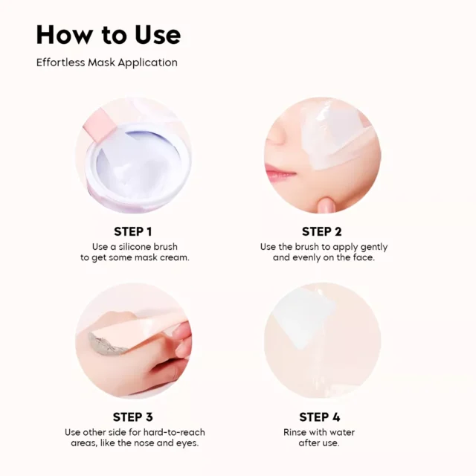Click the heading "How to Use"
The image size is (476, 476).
(109, 35)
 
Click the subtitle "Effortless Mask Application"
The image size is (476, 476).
(107, 62)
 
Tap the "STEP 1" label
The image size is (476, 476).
(133, 231)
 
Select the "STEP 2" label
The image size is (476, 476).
(322, 231)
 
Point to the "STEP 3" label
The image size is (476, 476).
(133, 417)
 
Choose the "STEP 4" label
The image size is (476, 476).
(320, 417)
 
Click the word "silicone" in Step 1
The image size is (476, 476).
(135, 246)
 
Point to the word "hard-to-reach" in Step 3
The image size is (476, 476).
(174, 432)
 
